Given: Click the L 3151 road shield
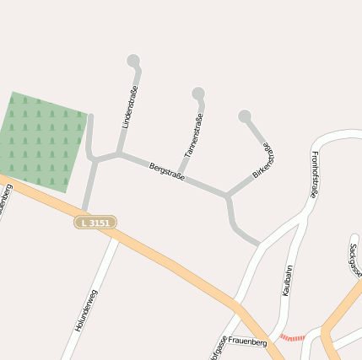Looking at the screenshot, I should click(x=95, y=222).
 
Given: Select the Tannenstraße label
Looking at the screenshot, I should click(x=193, y=136).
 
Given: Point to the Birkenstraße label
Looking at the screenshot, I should click(x=264, y=160).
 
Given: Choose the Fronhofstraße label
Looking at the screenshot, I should click(x=314, y=174).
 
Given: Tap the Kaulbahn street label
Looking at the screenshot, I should click(x=287, y=281).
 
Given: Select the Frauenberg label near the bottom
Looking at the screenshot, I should click(x=247, y=343).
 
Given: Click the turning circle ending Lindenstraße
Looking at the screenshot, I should click(x=133, y=61).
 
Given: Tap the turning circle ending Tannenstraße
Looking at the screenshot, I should click(x=198, y=93).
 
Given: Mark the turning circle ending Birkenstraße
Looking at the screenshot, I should click(x=245, y=116).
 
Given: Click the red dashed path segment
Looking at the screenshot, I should click(x=292, y=337).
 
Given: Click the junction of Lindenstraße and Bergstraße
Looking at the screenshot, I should click(x=118, y=153).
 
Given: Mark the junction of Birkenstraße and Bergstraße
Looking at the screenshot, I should click(x=228, y=196).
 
